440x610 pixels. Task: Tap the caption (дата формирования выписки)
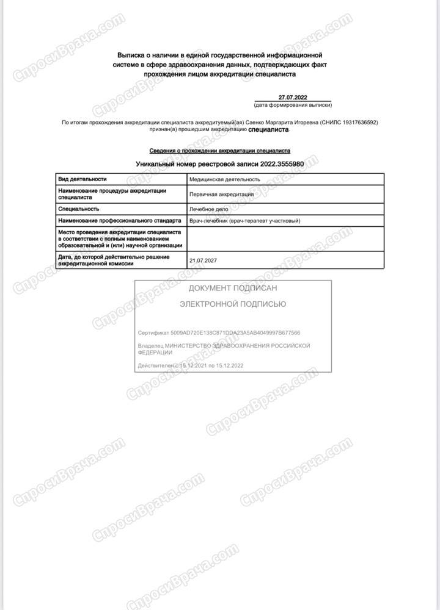coord(296,105)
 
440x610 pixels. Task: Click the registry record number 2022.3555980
coord(282,165)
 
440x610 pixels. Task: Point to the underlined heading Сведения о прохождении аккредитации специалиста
coord(220,150)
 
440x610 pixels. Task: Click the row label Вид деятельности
coord(82,179)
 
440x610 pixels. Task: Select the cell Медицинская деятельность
coord(224,179)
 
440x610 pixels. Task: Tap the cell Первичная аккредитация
coord(221,194)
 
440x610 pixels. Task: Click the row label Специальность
coord(79,209)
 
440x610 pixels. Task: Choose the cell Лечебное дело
coord(210,209)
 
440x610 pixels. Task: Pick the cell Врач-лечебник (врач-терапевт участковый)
coord(245,221)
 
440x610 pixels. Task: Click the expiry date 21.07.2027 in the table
coord(204,260)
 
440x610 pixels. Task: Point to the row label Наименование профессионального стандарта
coord(119,221)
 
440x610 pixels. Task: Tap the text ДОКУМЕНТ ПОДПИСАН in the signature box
coord(233,288)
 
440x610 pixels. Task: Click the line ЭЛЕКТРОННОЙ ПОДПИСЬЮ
coord(233,303)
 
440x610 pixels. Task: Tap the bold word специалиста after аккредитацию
coord(269,129)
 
